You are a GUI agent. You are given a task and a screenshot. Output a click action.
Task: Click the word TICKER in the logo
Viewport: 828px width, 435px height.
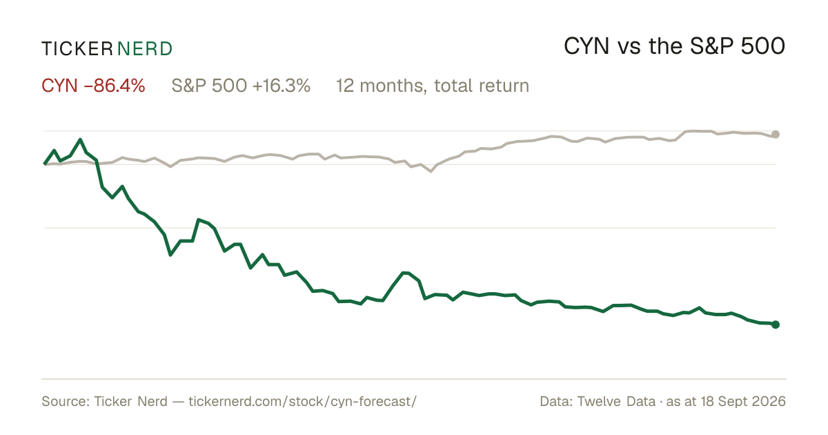tap(77, 49)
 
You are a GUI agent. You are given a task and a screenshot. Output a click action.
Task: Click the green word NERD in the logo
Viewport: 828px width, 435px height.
tap(144, 49)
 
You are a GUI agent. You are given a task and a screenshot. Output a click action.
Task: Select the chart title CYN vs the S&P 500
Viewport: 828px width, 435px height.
tap(674, 46)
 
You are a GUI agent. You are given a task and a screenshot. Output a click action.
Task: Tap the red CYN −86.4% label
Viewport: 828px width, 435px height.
tap(93, 86)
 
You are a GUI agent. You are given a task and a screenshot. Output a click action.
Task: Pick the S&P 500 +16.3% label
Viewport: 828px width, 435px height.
tap(241, 86)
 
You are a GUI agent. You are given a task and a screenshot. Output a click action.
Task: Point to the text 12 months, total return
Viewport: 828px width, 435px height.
tap(433, 86)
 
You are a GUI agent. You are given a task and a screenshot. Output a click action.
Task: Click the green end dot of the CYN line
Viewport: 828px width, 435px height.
tap(776, 325)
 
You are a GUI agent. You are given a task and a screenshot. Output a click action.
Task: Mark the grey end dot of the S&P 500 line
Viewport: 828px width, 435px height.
tap(776, 134)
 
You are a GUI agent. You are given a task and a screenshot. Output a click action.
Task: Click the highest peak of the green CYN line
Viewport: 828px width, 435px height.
tap(80, 139)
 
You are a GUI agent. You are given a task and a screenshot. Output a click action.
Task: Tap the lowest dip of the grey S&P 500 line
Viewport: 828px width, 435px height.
tap(431, 171)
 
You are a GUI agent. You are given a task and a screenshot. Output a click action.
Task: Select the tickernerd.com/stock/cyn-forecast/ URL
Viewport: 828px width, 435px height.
tap(303, 401)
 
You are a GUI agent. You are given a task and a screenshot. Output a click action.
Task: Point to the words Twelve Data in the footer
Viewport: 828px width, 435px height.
tap(616, 401)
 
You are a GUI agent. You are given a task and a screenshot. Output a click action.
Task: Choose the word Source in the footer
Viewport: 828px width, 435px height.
tap(63, 401)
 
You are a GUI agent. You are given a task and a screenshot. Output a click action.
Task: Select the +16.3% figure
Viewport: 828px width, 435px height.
tap(282, 86)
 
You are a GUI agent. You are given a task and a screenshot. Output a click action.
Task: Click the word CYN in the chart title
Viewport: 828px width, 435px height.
tap(586, 46)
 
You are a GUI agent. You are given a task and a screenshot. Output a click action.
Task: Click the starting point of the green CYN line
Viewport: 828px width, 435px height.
tap(44, 164)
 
